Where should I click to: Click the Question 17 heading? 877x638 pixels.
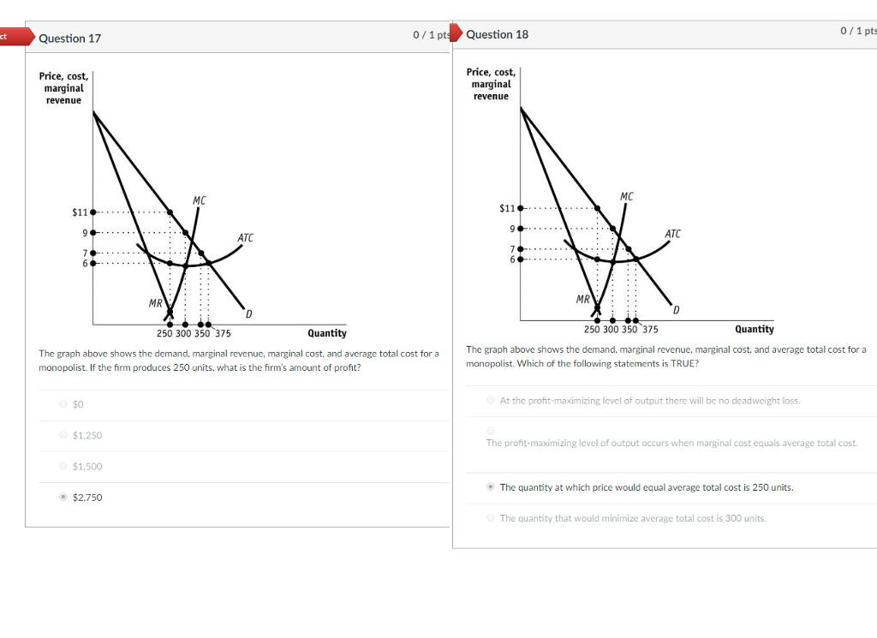[x=70, y=39]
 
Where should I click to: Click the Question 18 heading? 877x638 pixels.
[x=498, y=34]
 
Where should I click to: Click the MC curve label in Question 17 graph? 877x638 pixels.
[x=199, y=200]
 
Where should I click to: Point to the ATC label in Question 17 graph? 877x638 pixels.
[x=245, y=237]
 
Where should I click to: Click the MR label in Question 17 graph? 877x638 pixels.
[x=155, y=303]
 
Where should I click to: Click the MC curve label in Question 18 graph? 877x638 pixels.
[x=627, y=197]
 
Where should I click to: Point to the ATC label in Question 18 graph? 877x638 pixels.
[x=672, y=234]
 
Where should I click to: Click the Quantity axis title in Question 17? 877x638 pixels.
[x=327, y=333]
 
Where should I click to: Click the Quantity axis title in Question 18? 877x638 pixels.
[x=754, y=329]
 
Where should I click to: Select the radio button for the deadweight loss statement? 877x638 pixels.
[x=490, y=400]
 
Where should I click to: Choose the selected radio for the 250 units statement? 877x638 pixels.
[x=490, y=486]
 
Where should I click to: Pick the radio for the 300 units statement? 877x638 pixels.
[x=490, y=517]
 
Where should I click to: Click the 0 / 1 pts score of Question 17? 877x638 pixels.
[x=429, y=35]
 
